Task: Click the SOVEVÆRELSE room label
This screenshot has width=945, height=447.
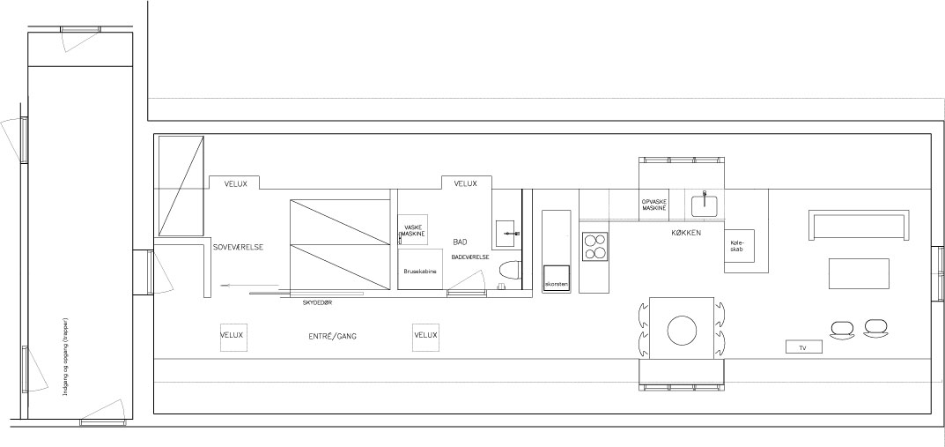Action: pyautogui.click(x=238, y=248)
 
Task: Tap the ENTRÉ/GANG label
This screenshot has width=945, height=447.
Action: pyautogui.click(x=332, y=336)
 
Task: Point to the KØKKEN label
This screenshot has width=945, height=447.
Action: pyautogui.click(x=686, y=232)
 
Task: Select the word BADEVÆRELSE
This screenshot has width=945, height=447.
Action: pyautogui.click(x=470, y=257)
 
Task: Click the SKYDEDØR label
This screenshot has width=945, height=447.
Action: pyautogui.click(x=317, y=302)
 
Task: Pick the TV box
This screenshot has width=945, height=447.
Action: pyautogui.click(x=804, y=346)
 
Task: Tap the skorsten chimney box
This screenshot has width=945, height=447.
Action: pyautogui.click(x=557, y=279)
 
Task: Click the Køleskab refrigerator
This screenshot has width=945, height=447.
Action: pyautogui.click(x=739, y=245)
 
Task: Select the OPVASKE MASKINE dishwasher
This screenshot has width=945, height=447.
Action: pyautogui.click(x=653, y=205)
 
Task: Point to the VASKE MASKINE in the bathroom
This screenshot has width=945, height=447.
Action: pyautogui.click(x=412, y=230)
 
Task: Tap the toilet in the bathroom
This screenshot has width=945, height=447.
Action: pyautogui.click(x=509, y=271)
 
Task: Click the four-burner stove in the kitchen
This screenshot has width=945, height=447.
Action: pyautogui.click(x=594, y=246)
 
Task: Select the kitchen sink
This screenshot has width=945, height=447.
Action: pyautogui.click(x=704, y=204)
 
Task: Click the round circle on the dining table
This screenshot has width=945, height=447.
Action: pyautogui.click(x=683, y=331)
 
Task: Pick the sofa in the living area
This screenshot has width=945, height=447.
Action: pyautogui.click(x=858, y=226)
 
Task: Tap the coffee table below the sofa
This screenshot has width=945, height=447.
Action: pyautogui.click(x=859, y=273)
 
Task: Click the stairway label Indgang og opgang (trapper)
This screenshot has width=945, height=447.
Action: pyautogui.click(x=65, y=356)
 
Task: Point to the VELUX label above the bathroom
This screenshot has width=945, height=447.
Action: pyautogui.click(x=465, y=183)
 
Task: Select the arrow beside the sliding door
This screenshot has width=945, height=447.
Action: pyautogui.click(x=250, y=285)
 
